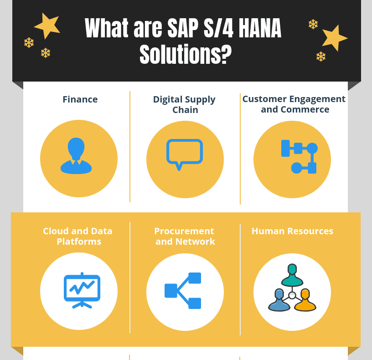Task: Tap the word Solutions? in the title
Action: tap(186, 55)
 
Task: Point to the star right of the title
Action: tap(334, 38)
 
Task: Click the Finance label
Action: tap(80, 99)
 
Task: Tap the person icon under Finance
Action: tap(76, 156)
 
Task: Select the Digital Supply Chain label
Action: tap(184, 104)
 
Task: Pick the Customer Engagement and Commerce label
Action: tap(294, 104)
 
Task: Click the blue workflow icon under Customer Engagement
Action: tap(299, 157)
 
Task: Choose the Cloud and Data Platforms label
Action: tap(78, 236)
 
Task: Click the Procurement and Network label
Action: tap(185, 236)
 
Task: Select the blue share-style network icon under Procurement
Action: tap(183, 291)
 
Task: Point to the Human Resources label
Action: tap(292, 231)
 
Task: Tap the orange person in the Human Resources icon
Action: tap(305, 300)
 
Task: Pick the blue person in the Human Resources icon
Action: tap(279, 300)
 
